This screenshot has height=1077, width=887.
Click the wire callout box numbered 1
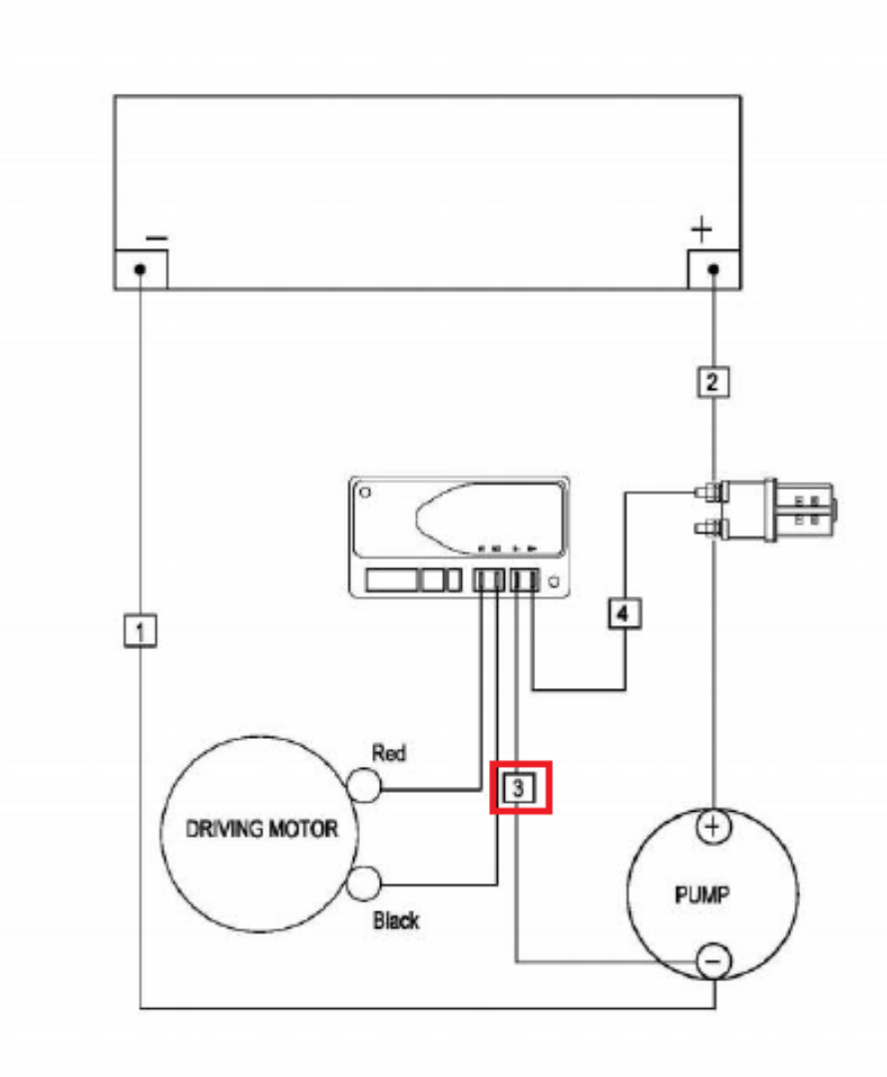click(x=141, y=630)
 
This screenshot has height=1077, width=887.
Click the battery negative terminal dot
click(x=142, y=270)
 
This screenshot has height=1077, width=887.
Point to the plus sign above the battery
click(x=702, y=230)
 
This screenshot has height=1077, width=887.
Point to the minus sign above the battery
click(x=157, y=238)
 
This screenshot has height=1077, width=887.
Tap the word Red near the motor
click(x=388, y=754)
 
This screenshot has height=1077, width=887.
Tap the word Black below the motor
click(x=395, y=920)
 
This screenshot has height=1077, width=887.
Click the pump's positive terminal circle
click(x=712, y=828)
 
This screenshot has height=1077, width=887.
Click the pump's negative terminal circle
click(x=712, y=960)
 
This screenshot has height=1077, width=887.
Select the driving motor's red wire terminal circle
click(x=364, y=787)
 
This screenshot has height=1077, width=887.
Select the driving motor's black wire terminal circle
click(x=364, y=883)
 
